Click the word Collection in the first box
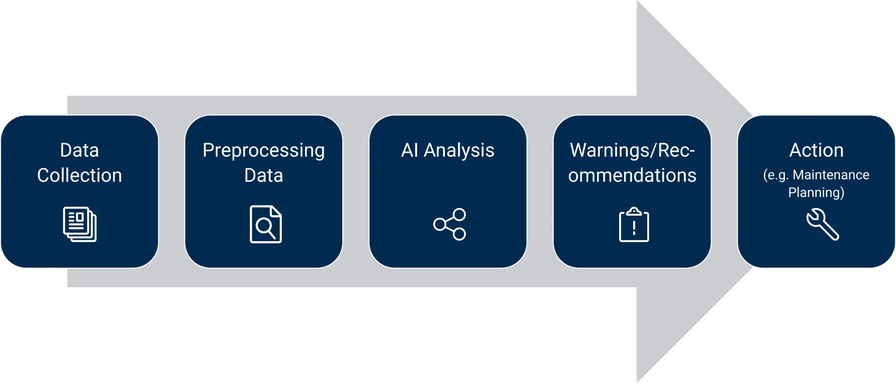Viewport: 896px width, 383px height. (x=79, y=175)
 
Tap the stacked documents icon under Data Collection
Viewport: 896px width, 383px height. (x=80, y=224)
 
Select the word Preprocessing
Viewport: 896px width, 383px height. (x=263, y=151)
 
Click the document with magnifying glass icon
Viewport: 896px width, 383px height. (x=265, y=224)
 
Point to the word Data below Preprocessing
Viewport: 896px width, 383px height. (x=263, y=175)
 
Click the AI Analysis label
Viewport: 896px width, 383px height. (x=448, y=150)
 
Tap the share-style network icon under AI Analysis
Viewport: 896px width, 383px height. (x=449, y=224)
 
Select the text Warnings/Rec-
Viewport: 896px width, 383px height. (x=632, y=150)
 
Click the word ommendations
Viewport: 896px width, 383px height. (x=632, y=175)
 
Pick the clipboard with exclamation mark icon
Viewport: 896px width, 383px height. (x=634, y=225)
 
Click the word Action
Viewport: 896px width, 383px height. (x=816, y=150)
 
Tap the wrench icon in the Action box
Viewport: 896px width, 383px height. (x=823, y=224)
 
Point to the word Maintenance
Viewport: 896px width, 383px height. (x=831, y=175)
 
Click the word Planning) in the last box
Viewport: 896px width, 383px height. (x=816, y=192)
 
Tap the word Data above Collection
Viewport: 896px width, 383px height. (x=79, y=150)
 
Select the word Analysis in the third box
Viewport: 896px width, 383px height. (x=459, y=151)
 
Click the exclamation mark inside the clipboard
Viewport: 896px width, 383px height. (x=634, y=228)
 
